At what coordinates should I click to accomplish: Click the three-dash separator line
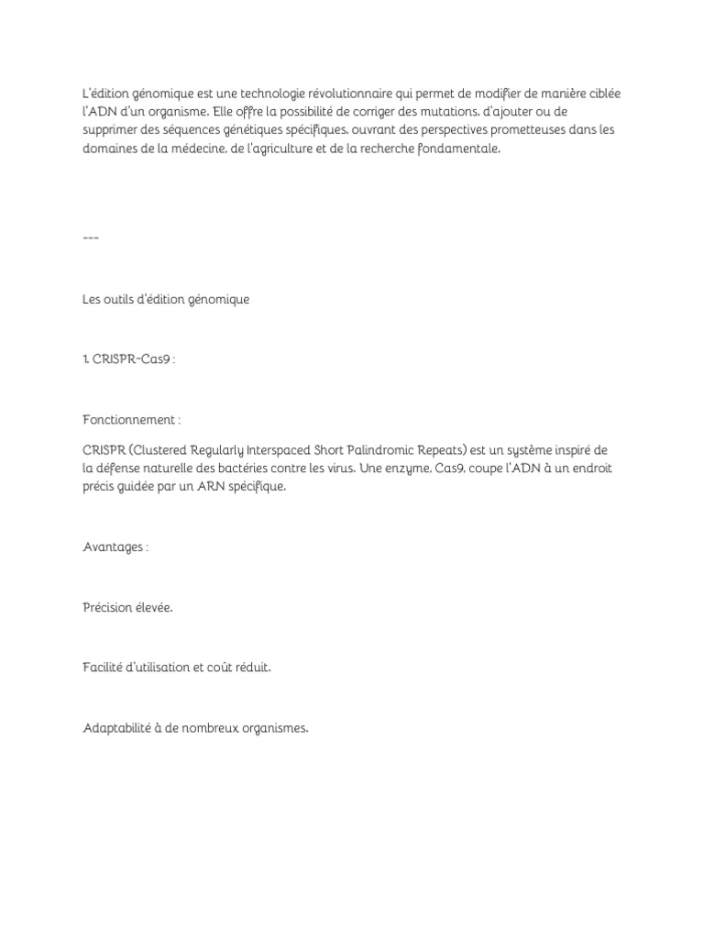(90, 238)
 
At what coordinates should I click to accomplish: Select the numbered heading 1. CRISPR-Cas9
(127, 359)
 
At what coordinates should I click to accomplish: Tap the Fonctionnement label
(131, 420)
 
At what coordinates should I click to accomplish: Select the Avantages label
(115, 547)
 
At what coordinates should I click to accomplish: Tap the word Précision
(109, 607)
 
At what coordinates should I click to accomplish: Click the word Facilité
(104, 668)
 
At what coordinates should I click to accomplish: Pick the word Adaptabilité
(118, 728)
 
